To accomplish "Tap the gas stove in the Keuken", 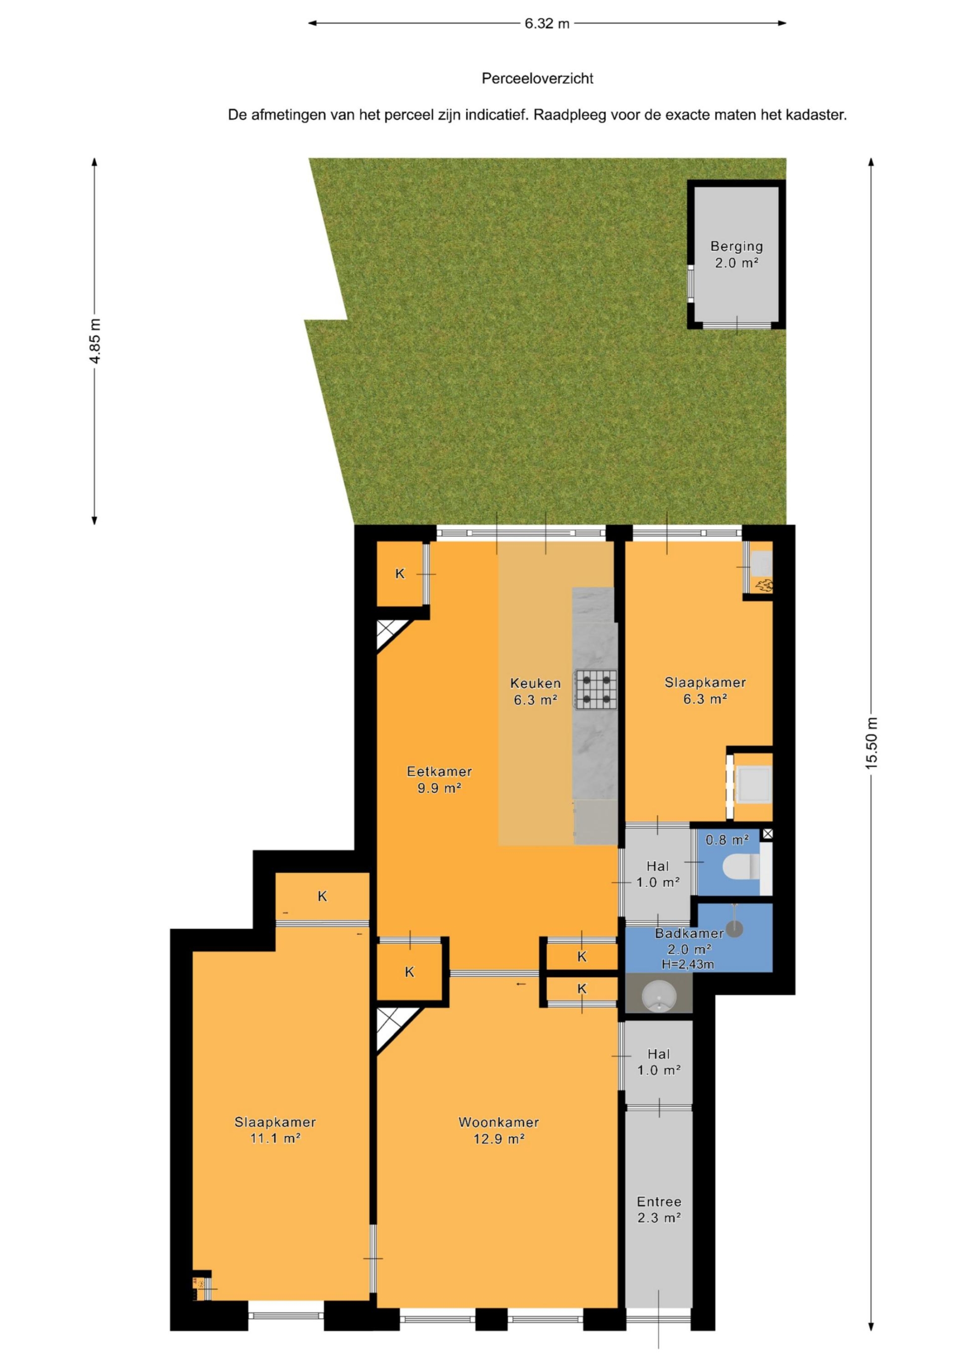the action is [x=595, y=690].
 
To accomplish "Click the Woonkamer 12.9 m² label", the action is [x=499, y=1130].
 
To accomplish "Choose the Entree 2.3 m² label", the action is [x=659, y=1209].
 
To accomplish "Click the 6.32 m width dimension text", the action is [x=547, y=24].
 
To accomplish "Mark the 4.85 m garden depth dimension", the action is [x=95, y=341].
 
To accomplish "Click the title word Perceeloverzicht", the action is [x=537, y=79].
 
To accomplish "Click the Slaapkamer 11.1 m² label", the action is [x=275, y=1130].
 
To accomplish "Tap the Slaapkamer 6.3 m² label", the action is [x=705, y=691].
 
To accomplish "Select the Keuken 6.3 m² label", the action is [x=536, y=691].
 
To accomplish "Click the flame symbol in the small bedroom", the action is [x=764, y=586].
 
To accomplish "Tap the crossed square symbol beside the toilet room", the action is [x=768, y=834].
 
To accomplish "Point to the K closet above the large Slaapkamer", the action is [x=322, y=896].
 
